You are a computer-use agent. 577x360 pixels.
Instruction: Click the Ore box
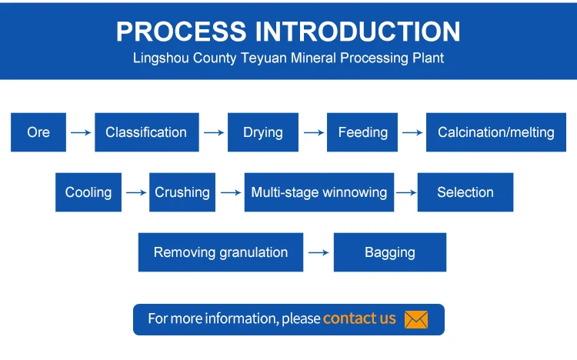pyautogui.click(x=38, y=132)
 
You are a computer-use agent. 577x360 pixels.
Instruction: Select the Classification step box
pyautogui.click(x=147, y=132)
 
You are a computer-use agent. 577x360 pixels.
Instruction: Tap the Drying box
pyautogui.click(x=263, y=132)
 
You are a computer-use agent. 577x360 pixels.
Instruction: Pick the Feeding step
pyautogui.click(x=362, y=132)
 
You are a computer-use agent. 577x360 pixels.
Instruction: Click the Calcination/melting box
pyautogui.click(x=496, y=132)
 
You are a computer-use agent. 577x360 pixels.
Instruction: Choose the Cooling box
pyautogui.click(x=88, y=192)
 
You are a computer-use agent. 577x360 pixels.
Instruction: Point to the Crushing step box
pyautogui.click(x=182, y=192)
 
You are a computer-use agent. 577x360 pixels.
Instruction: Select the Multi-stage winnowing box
pyautogui.click(x=319, y=192)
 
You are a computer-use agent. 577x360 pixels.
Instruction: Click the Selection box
pyautogui.click(x=465, y=192)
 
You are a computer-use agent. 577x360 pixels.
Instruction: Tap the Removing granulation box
pyautogui.click(x=221, y=252)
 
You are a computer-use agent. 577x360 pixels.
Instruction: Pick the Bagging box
pyautogui.click(x=390, y=252)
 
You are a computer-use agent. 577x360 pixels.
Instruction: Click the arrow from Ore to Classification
pyautogui.click(x=81, y=132)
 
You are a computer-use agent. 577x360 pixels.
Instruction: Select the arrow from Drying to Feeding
pyautogui.click(x=314, y=132)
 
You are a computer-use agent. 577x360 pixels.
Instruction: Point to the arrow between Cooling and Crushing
pyautogui.click(x=136, y=192)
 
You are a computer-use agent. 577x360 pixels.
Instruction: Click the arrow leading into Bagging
pyautogui.click(x=319, y=252)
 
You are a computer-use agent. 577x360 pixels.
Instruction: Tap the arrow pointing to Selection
pyautogui.click(x=406, y=192)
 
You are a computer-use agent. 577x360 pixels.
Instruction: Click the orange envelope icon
pyautogui.click(x=416, y=319)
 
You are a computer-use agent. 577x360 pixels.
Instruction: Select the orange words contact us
pyautogui.click(x=359, y=318)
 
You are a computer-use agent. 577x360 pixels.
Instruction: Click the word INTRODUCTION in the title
pyautogui.click(x=357, y=32)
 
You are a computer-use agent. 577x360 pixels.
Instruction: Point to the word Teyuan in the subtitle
pyautogui.click(x=264, y=58)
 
